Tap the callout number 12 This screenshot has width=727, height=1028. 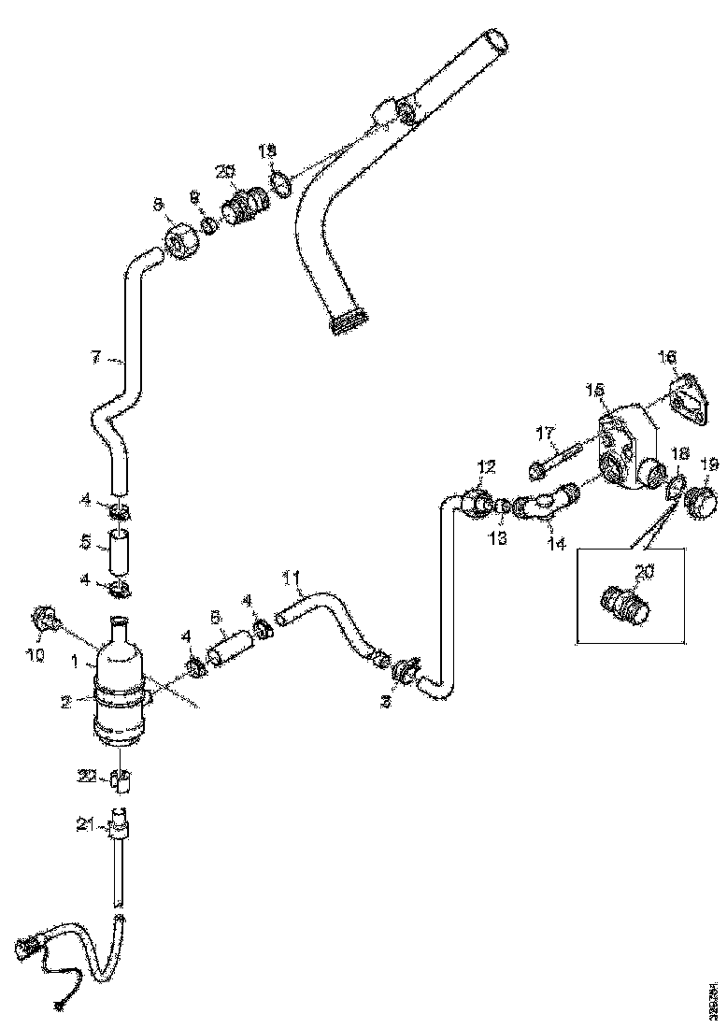click(x=487, y=464)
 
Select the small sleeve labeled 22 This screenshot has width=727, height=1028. click(x=121, y=777)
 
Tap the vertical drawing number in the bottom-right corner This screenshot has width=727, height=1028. click(x=713, y=995)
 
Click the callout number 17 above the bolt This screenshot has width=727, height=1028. click(x=546, y=433)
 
